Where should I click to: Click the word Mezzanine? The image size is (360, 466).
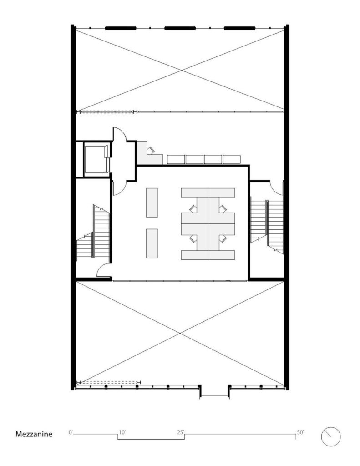point(34,434)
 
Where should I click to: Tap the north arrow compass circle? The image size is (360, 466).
point(331,436)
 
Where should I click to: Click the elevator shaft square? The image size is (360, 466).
point(96,159)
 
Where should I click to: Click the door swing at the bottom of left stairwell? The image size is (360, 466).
point(104,270)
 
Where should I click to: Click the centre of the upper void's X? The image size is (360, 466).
point(181,70)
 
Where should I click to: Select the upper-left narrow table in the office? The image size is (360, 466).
point(152,203)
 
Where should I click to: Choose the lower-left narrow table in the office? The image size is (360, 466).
point(152,243)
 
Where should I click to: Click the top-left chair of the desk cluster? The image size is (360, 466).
point(193,208)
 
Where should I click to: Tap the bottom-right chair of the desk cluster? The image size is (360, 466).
point(223,238)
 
